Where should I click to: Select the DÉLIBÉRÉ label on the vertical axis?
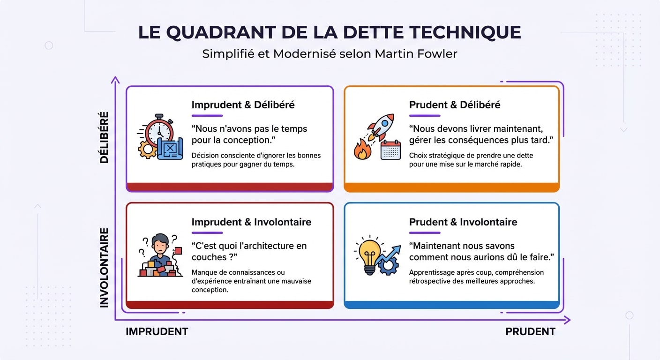(104, 137)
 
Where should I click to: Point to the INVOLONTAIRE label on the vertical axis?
(104, 268)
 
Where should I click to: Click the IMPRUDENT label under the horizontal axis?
(157, 332)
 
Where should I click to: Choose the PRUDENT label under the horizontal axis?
(530, 332)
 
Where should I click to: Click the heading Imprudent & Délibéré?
(243, 105)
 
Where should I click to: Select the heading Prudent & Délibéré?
(454, 105)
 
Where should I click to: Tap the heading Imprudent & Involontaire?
(251, 222)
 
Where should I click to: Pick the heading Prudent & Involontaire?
(463, 222)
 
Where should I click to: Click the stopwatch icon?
(159, 130)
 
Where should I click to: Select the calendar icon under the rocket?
(390, 150)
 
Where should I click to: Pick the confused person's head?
(160, 242)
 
